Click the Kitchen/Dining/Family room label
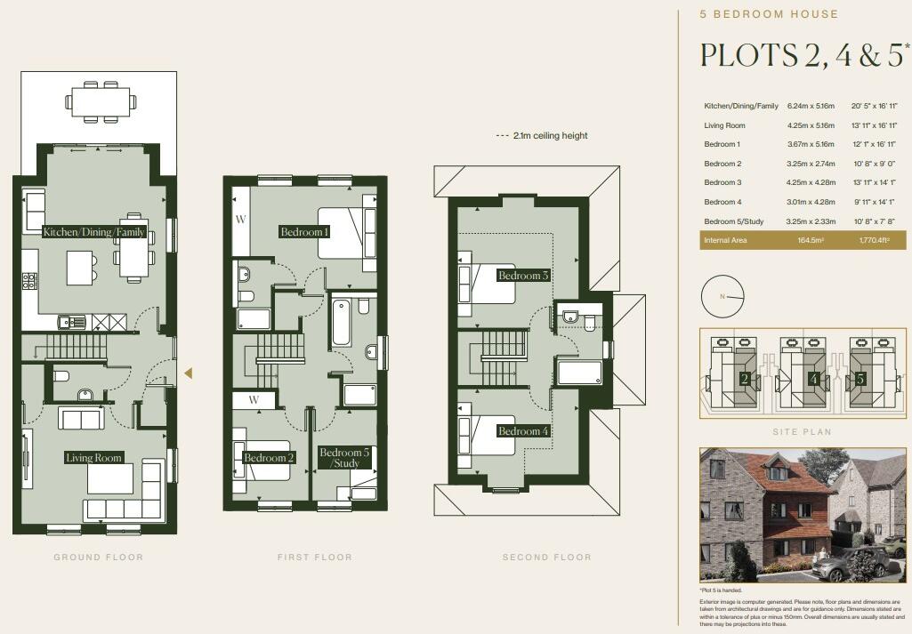tap(93, 232)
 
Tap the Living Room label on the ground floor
tap(93, 458)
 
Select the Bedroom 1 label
tap(304, 232)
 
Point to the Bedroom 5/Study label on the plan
tap(344, 458)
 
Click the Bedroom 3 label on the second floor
tap(523, 276)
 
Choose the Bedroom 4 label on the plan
tap(523, 431)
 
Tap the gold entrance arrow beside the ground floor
tap(188, 373)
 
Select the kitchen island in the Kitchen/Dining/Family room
tap(81, 264)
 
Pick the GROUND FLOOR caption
tap(98, 558)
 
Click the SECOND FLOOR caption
tap(546, 558)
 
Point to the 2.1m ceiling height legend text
tap(549, 136)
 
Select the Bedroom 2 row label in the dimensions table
tap(722, 164)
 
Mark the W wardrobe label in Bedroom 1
tap(240, 219)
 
